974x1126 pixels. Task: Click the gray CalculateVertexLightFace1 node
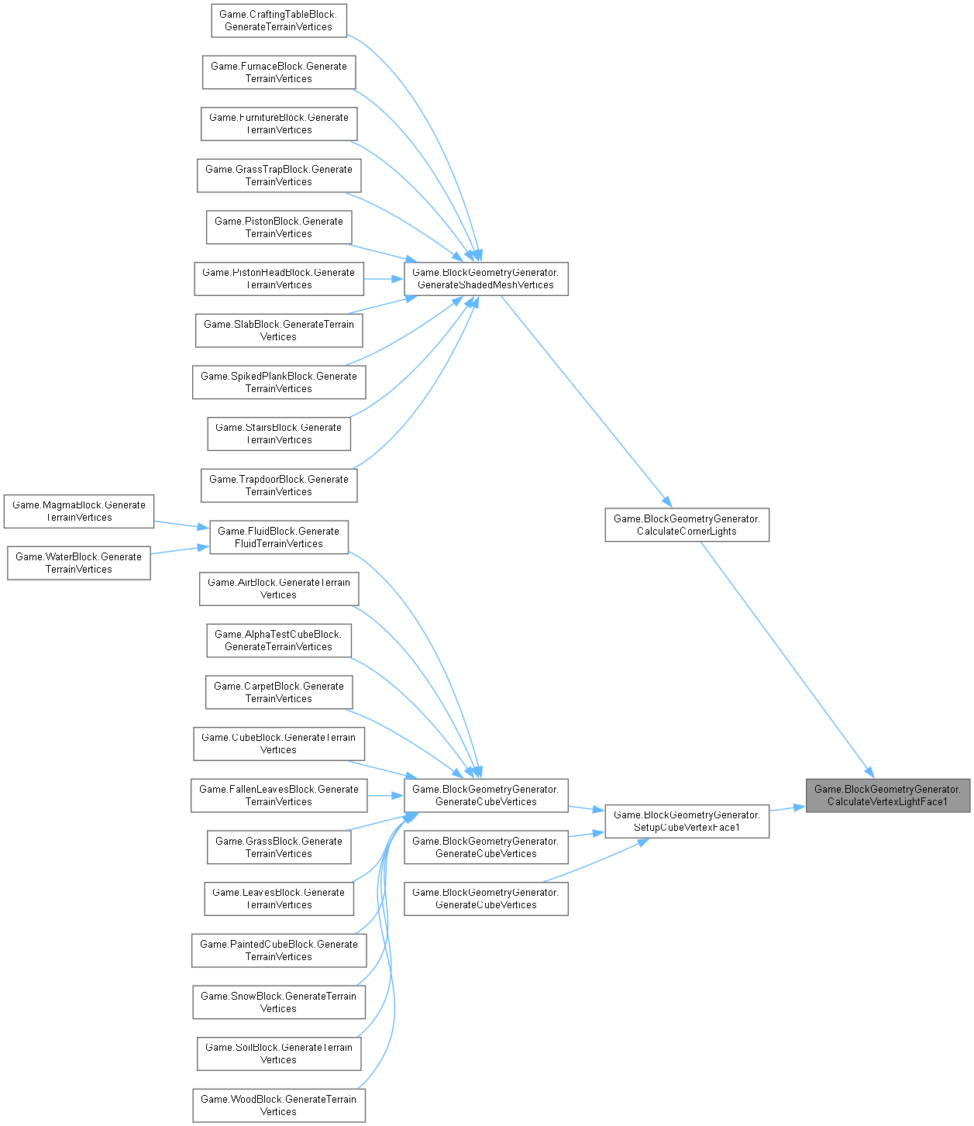pos(887,795)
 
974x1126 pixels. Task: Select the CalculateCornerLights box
pos(687,525)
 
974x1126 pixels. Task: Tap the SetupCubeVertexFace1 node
pos(687,821)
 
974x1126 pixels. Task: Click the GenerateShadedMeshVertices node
pos(486,278)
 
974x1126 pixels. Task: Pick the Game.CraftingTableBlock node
pos(278,20)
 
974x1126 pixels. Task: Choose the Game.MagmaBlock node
pos(79,511)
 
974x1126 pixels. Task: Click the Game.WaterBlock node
pos(79,563)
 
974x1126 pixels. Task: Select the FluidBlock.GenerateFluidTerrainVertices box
pos(279,537)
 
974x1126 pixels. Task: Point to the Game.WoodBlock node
pos(278,1105)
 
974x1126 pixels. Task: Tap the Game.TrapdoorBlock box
pos(279,485)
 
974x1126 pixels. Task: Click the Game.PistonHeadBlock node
pos(279,278)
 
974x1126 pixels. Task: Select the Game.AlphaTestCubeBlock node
pos(278,640)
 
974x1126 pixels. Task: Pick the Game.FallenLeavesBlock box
pos(279,795)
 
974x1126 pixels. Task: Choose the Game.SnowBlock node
pos(278,1002)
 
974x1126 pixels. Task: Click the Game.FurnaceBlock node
pos(279,72)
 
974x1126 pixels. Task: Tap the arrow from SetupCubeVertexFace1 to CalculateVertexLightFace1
pos(787,809)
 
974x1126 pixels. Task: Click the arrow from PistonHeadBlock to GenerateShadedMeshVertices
pos(384,278)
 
